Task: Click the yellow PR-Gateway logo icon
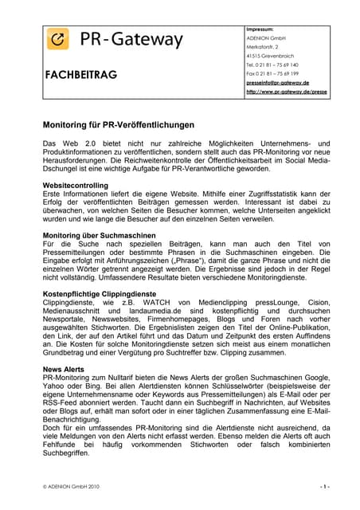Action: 58,40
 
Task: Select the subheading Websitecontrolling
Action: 75,185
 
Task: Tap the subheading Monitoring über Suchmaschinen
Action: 99,235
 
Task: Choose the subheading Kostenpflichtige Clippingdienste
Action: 102,294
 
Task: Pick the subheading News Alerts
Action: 63,371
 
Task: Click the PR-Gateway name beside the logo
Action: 131,40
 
